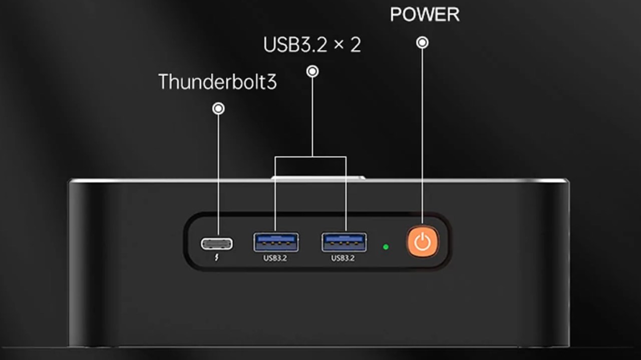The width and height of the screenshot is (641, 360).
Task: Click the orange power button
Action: (x=423, y=242)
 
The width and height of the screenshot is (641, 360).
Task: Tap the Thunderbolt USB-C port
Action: (x=217, y=244)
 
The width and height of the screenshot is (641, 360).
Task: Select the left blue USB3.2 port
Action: (x=276, y=242)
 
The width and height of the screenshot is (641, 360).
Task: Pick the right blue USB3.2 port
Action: (x=344, y=242)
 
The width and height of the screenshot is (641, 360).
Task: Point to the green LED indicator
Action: (x=386, y=247)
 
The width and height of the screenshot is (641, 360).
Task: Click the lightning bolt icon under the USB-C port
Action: (x=216, y=259)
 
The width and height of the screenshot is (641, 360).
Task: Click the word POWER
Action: (x=425, y=15)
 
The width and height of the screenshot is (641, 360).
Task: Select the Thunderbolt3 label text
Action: (x=217, y=82)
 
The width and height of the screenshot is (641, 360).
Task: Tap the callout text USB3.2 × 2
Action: (x=312, y=45)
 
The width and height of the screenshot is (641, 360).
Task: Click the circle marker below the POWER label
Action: (x=422, y=43)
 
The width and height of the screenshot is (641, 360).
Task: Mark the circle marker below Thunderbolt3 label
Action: (x=218, y=108)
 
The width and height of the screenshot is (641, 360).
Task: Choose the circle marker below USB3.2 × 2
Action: (x=312, y=72)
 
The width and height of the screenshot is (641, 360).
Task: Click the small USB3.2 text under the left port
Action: (x=275, y=258)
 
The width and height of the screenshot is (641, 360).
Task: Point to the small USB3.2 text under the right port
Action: (x=343, y=258)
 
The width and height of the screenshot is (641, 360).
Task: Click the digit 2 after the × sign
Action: (x=355, y=45)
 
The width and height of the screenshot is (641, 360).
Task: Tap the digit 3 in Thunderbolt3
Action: (x=271, y=82)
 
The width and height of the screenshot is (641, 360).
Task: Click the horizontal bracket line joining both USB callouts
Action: (x=310, y=157)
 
